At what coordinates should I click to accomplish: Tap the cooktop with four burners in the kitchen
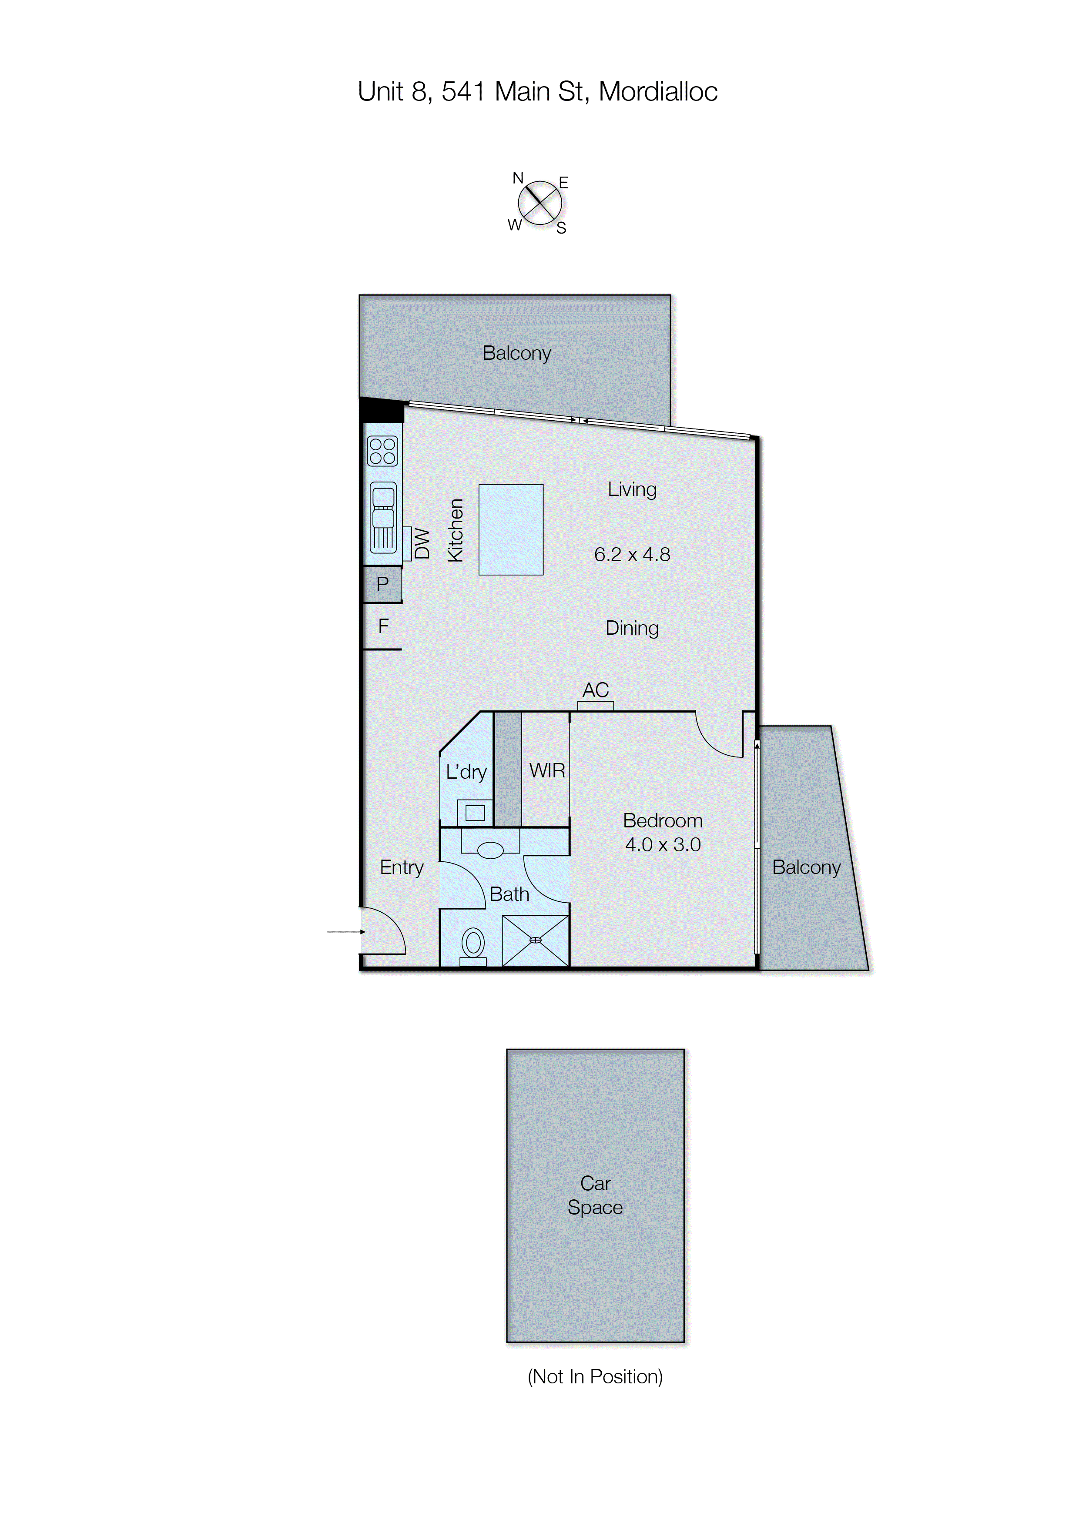pos(382,450)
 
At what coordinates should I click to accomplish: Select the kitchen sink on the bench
pos(383,516)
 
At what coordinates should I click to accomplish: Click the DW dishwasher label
pos(422,543)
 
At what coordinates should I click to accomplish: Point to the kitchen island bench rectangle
pos(510,529)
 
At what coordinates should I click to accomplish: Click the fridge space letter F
pos(383,626)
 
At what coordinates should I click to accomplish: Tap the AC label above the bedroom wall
pos(595,690)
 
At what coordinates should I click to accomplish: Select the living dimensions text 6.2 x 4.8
pos(632,555)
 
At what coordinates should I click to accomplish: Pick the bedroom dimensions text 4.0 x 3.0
pos(663,845)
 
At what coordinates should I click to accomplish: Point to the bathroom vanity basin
pos(490,850)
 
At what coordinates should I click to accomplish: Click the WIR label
pos(547,770)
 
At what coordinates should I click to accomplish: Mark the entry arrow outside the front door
pos(345,932)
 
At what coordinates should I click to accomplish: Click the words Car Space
pos(595,1195)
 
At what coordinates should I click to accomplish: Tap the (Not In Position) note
pos(595,1377)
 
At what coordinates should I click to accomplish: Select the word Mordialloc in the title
pos(658,92)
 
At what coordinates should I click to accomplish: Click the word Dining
pos(632,628)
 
